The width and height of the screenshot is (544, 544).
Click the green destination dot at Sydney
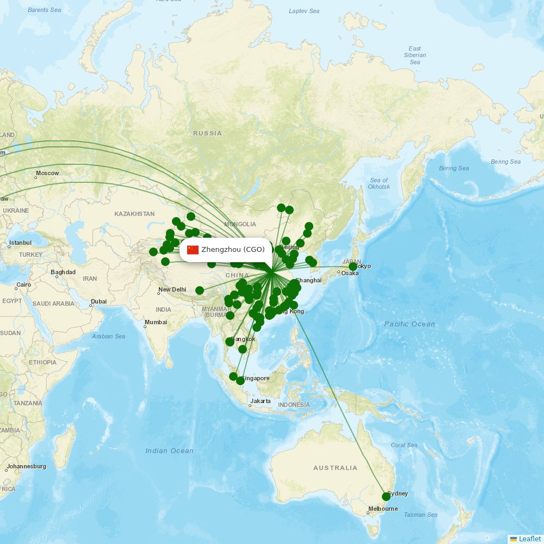pos(386,496)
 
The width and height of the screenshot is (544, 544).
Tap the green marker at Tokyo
pos(353,267)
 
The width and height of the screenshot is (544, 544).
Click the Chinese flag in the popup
pos(193,250)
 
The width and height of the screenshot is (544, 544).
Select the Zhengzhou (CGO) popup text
pos(233,250)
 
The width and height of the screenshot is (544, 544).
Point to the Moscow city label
pos(47,174)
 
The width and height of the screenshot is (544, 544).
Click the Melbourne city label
pos(383,509)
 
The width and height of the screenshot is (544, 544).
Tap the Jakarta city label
pos(260,401)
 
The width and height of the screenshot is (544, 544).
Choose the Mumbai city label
pos(156,323)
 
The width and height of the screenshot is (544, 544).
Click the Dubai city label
pos(98,301)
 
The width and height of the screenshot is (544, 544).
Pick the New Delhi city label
pos(172,289)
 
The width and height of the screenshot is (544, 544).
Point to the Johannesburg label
pos(27,466)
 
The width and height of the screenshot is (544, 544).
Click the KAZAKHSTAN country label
pos(134,214)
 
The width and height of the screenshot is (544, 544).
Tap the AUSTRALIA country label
pos(335,468)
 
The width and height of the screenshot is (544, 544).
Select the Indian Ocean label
pos(169,450)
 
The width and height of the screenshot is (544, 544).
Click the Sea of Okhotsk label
pos(379,183)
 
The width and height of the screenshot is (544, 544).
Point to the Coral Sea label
pos(404,445)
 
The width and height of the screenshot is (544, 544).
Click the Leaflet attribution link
pos(529,539)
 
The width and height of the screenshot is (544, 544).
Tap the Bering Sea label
pos(505,162)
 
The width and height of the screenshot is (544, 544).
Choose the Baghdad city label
pos(63,272)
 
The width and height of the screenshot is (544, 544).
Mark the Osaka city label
pos(350,273)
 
